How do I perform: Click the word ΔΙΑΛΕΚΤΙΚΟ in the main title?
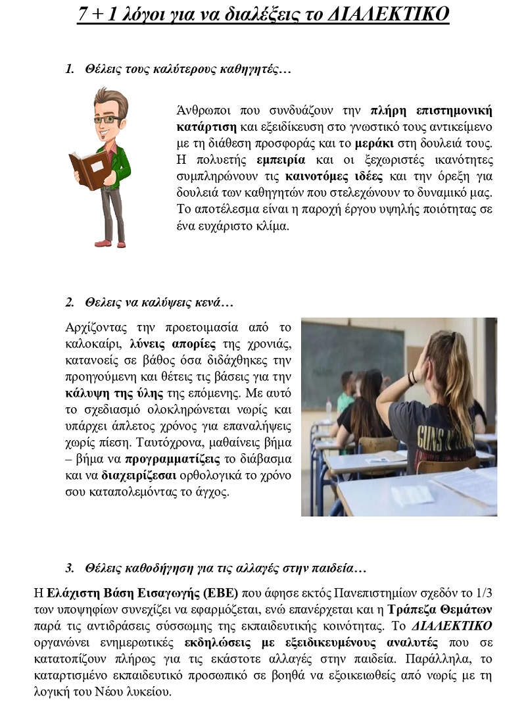[x=388, y=14]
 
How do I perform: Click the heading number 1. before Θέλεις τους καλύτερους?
[x=70, y=69]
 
